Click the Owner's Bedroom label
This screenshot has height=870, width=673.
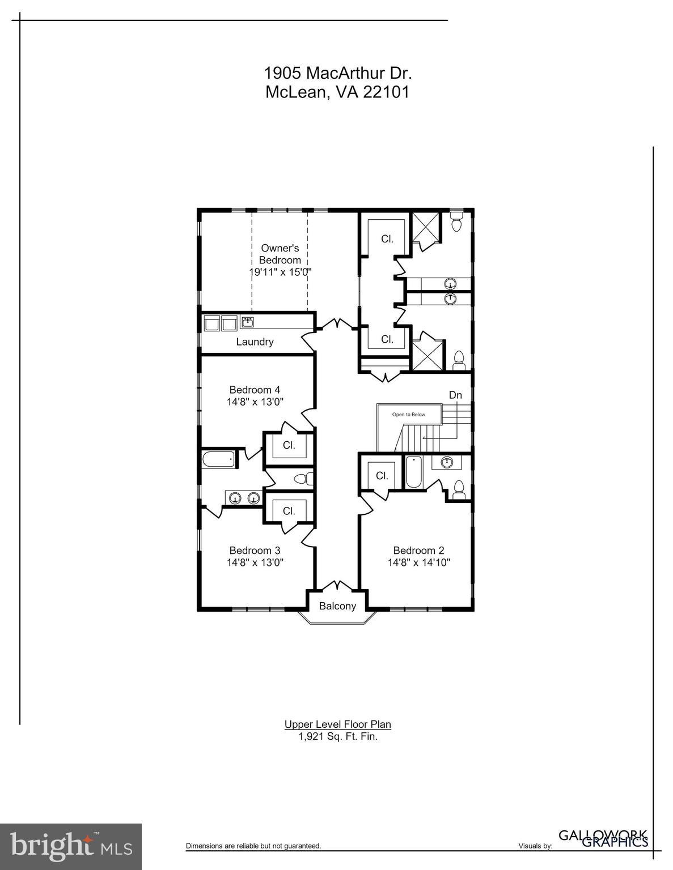[x=280, y=254]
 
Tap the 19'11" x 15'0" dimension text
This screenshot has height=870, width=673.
[x=281, y=272]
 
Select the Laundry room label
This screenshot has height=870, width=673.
[x=255, y=342]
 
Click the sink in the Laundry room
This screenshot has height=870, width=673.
[x=247, y=322]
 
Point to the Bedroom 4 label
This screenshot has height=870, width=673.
[x=255, y=390]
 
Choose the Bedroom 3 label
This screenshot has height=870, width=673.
[x=255, y=551]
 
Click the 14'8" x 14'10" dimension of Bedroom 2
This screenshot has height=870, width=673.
[x=419, y=563]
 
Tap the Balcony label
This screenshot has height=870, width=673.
[x=337, y=606]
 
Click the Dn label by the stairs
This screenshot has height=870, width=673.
[x=455, y=395]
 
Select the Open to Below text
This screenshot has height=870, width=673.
[x=408, y=415]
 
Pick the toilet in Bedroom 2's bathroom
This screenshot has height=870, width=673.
[x=459, y=489]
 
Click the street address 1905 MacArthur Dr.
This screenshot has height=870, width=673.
[x=337, y=73]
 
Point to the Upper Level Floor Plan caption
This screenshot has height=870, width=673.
[x=337, y=724]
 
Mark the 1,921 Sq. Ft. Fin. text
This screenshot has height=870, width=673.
[x=337, y=737]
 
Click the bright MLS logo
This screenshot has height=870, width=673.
[x=71, y=847]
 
